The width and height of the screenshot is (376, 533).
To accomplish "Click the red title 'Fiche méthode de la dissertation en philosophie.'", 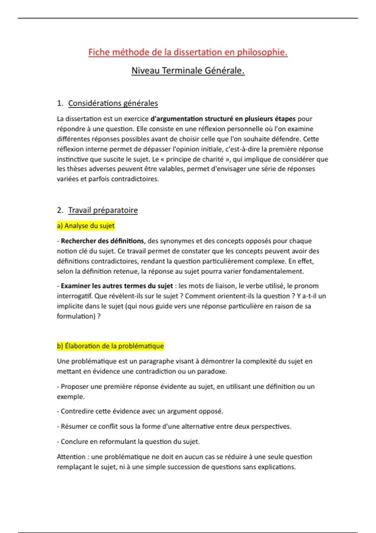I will [x=188, y=52].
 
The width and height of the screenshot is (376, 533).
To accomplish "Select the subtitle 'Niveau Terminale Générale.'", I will [x=188, y=71].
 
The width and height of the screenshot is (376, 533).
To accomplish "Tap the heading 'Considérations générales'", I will [x=113, y=103].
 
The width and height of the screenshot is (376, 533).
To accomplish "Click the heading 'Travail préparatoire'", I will [x=103, y=210].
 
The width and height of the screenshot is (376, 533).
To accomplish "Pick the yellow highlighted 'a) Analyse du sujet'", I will [x=86, y=226].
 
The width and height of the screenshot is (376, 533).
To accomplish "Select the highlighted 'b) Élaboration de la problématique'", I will [x=110, y=346].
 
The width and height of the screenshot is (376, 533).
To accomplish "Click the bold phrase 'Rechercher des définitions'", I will [x=102, y=241].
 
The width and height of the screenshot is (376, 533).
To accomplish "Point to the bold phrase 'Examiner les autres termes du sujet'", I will [x=117, y=286].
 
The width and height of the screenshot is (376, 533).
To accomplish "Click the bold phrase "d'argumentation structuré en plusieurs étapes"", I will [x=223, y=119].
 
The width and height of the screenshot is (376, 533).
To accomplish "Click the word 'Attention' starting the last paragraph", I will [x=71, y=457].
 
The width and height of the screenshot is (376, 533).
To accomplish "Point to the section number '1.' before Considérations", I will [x=60, y=103].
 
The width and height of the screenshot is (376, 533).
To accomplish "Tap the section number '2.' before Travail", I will [x=60, y=210].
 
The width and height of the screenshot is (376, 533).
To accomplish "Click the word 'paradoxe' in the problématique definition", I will [x=212, y=372].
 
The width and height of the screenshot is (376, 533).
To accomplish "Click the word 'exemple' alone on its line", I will [x=70, y=397].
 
